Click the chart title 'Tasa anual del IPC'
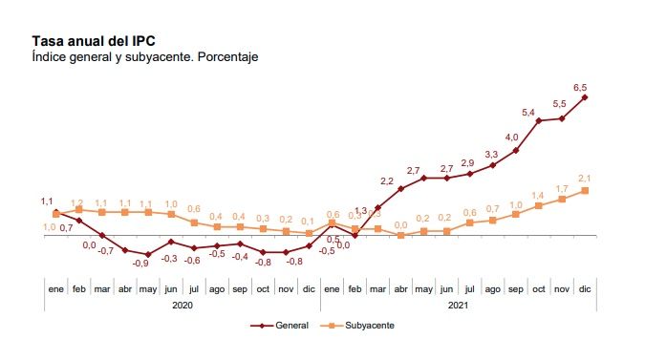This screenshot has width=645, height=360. (93, 41)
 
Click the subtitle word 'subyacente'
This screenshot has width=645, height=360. (160, 57)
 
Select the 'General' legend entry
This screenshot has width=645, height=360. (285, 326)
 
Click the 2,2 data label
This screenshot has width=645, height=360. (387, 180)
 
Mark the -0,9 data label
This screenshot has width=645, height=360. (140, 263)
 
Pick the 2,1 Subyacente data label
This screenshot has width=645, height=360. (585, 179)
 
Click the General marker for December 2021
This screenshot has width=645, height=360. (585, 96)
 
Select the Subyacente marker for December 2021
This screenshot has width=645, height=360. (585, 190)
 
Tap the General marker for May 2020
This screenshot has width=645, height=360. (148, 254)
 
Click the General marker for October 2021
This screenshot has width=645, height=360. (539, 120)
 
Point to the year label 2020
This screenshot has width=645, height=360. (183, 305)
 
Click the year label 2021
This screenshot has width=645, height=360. (458, 305)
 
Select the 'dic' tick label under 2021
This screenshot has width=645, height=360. (585, 287)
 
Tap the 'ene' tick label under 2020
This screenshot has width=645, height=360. (55, 287)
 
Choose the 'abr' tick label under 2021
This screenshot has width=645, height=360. (400, 287)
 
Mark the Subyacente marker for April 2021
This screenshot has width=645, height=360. (400, 235)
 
